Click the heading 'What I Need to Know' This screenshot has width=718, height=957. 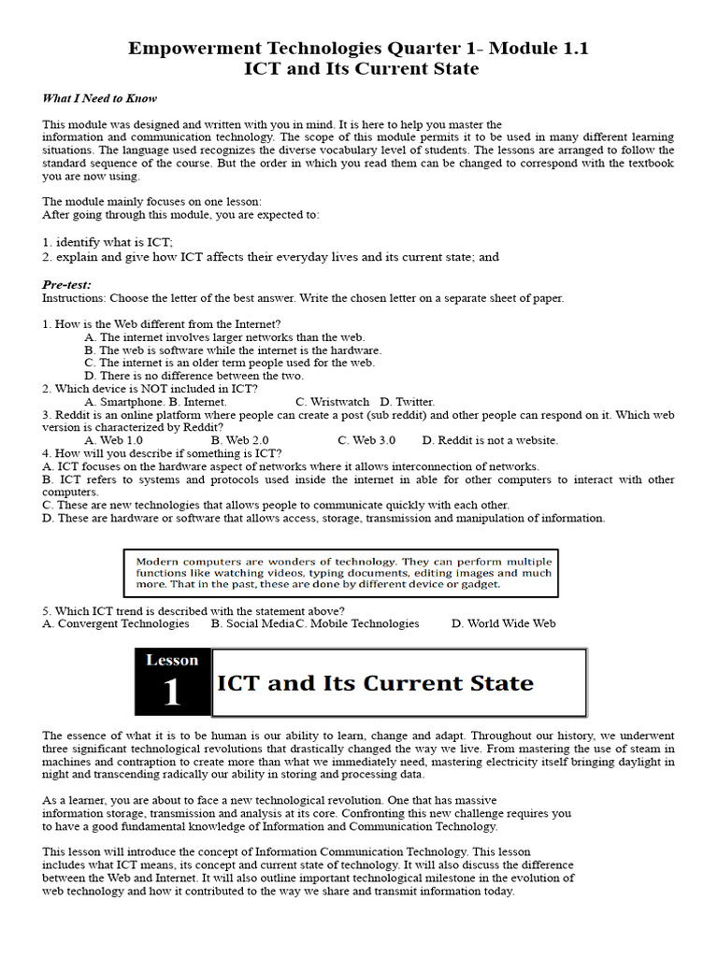[99, 98]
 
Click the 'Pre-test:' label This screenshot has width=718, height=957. [66, 284]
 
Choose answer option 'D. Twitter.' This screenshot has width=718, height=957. [408, 402]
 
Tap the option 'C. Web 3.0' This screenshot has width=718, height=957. [366, 439]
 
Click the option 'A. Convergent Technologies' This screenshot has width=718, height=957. [116, 623]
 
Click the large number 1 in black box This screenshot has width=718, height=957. [172, 693]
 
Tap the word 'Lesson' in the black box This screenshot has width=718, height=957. [172, 660]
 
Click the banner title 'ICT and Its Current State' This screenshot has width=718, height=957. [375, 683]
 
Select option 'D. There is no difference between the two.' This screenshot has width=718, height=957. [194, 376]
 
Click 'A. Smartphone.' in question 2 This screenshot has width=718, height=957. [124, 402]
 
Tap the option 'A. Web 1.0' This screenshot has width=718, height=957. [113, 439]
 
